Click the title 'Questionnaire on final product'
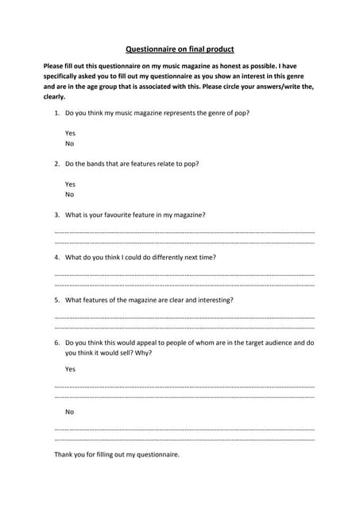tap(180, 48)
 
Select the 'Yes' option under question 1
tap(70, 134)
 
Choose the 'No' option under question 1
tap(69, 144)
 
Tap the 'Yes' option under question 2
tap(70, 185)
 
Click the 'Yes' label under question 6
tap(70, 369)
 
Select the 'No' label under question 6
tap(69, 412)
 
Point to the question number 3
tap(56, 215)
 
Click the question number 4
tap(56, 258)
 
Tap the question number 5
tap(56, 301)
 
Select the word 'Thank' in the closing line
tap(64, 455)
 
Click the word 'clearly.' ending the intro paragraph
tap(54, 96)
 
